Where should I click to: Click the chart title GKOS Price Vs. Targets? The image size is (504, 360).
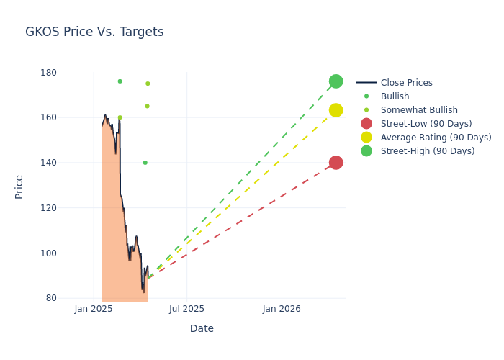[x=94, y=32]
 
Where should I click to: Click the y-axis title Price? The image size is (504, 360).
[x=19, y=186]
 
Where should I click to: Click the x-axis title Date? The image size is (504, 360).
[x=202, y=328]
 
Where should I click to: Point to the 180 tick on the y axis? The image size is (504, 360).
[x=50, y=73]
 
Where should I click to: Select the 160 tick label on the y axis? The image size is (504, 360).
[x=50, y=117]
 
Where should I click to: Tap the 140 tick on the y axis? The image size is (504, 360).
[x=50, y=163]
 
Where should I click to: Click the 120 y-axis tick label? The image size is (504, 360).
[x=50, y=208]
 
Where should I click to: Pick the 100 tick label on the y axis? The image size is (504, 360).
[x=50, y=253]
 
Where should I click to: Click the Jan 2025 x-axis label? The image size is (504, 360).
[x=94, y=309]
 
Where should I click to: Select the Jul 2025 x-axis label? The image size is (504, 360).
[x=187, y=309]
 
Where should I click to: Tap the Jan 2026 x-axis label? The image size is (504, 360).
[x=282, y=309]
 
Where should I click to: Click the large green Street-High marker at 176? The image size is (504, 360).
[x=336, y=81]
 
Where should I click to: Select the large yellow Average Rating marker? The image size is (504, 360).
[x=336, y=110]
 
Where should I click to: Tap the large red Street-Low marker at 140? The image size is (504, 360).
[x=336, y=163]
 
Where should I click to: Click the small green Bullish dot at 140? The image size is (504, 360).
[x=145, y=163]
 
